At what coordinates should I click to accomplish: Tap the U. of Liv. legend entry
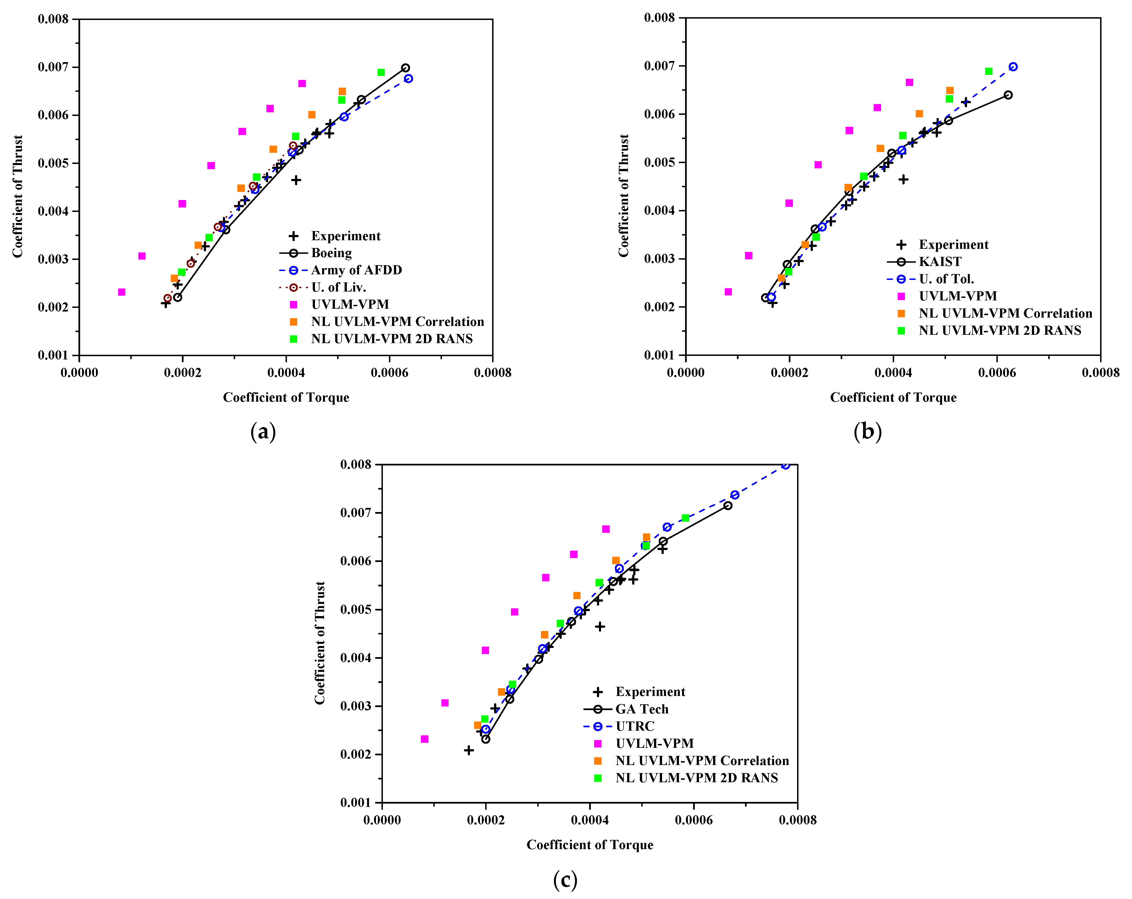(x=338, y=287)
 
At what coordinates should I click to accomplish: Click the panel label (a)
(x=263, y=432)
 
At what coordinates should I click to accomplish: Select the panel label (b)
(x=868, y=432)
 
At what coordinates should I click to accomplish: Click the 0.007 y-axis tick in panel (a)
(x=53, y=67)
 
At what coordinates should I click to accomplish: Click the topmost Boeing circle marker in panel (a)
(x=405, y=68)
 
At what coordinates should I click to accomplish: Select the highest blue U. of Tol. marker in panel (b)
(x=1013, y=67)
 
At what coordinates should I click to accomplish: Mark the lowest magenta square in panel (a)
(x=122, y=292)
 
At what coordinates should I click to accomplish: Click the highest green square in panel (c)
(x=685, y=518)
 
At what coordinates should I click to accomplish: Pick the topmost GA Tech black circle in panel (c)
(x=728, y=505)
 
